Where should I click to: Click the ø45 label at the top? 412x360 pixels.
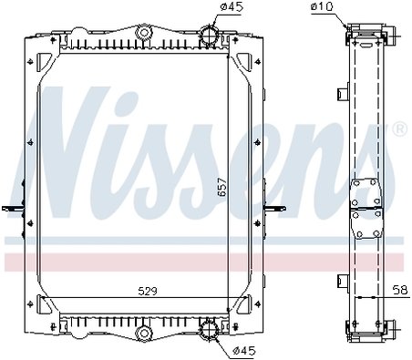tap(232, 7)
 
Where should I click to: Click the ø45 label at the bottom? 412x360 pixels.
tap(244, 351)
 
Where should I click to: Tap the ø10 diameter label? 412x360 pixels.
tap(323, 6)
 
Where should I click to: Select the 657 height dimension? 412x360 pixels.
tap(222, 187)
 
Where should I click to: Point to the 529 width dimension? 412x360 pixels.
tap(148, 292)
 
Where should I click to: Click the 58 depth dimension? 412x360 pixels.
tap(400, 290)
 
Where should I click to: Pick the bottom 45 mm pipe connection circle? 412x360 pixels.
tap(210, 329)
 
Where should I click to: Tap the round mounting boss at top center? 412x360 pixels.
tap(144, 32)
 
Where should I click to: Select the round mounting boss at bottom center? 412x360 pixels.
tap(144, 333)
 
